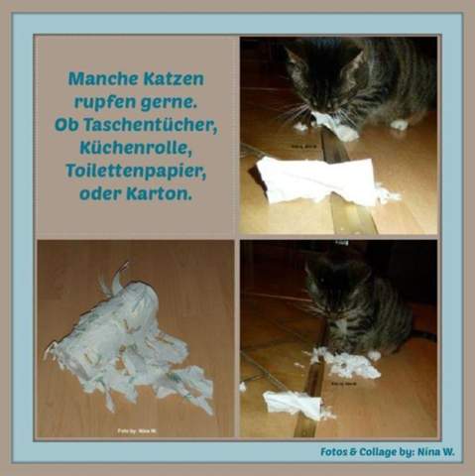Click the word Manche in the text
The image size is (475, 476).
(x=102, y=76)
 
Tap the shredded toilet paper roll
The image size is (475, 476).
(x=129, y=342)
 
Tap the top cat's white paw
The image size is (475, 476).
(x=400, y=125)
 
